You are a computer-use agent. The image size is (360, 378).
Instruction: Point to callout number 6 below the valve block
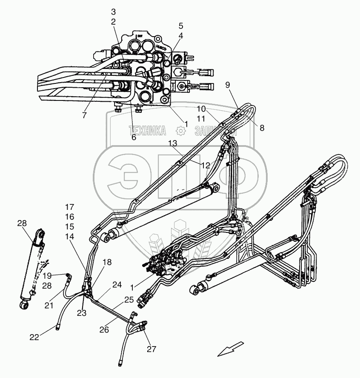134,137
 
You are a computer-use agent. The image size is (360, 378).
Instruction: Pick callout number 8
261,127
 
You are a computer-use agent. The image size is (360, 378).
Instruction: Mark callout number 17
70,207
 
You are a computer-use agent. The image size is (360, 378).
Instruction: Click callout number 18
107,262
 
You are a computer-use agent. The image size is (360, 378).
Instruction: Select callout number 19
47,275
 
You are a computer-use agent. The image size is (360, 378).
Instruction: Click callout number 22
34,338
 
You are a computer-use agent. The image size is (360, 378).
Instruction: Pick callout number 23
81,313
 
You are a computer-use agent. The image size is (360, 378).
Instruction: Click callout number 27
152,349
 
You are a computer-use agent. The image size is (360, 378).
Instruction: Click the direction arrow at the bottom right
230,349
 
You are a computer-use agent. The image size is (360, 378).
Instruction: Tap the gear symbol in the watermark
180,132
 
